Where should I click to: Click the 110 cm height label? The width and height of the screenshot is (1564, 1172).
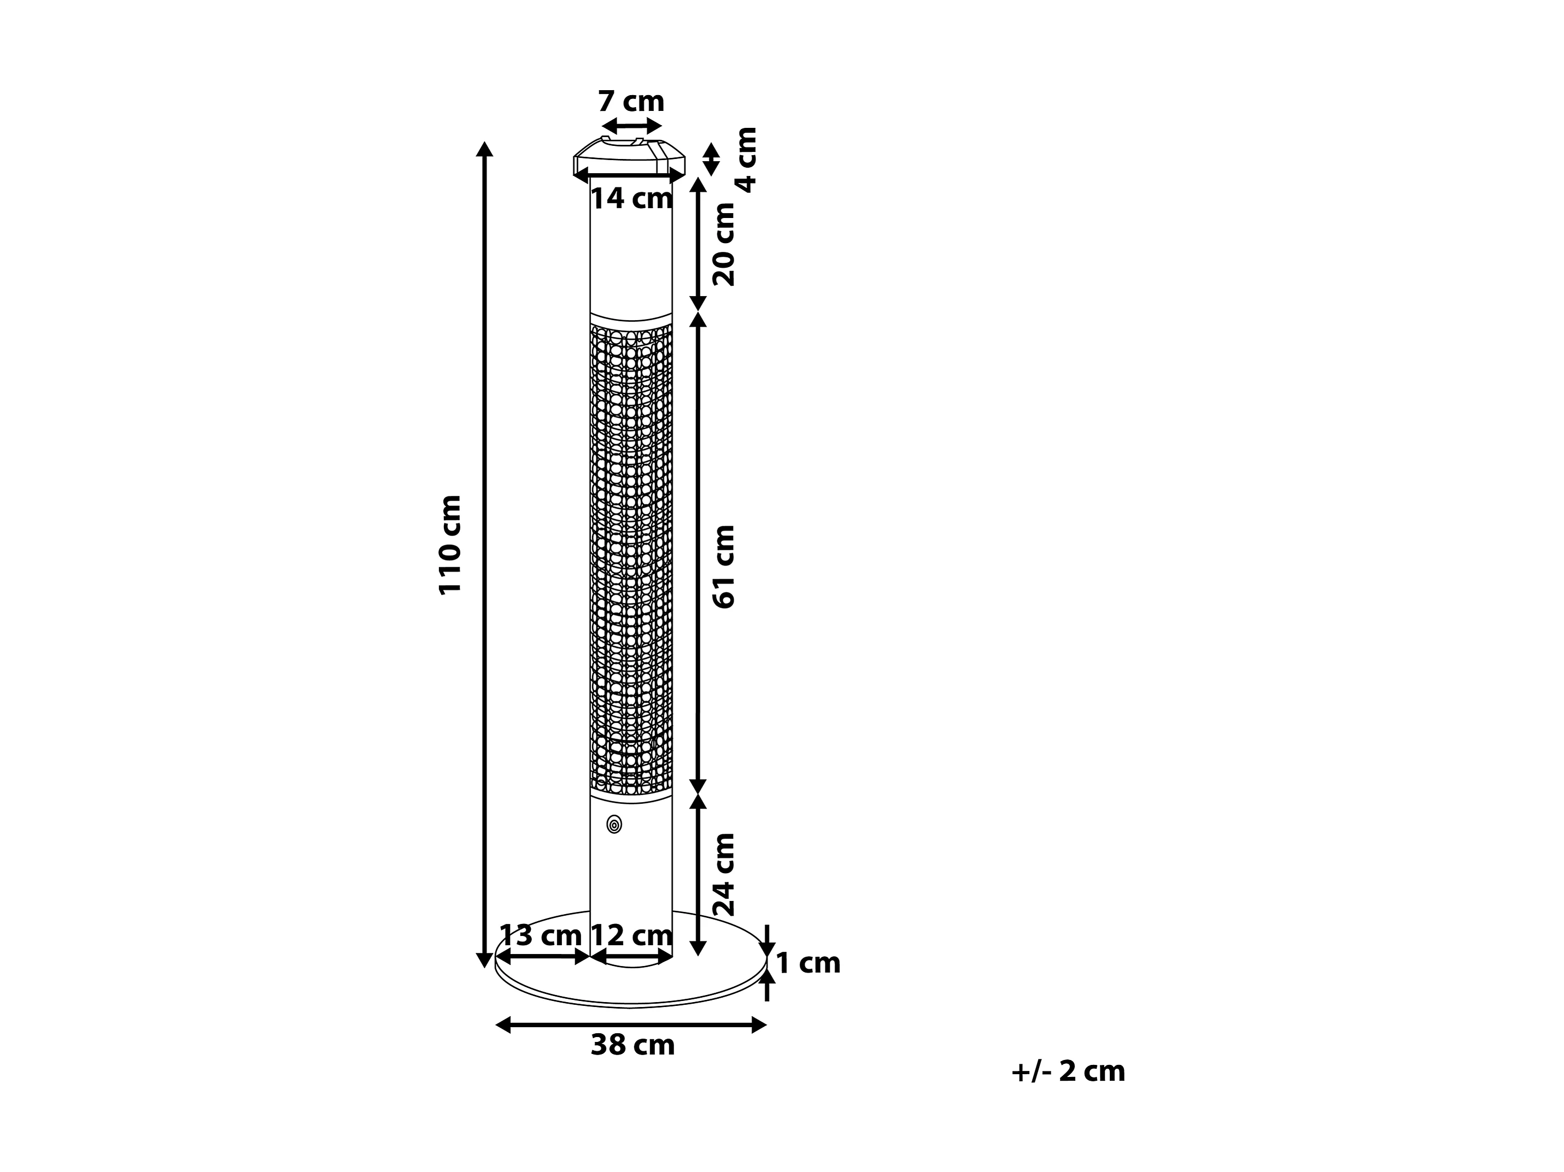(450, 545)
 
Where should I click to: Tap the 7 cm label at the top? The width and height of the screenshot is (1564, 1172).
(631, 102)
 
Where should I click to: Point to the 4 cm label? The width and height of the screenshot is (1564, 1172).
(746, 160)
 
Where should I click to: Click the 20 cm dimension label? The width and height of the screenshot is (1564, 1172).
(723, 245)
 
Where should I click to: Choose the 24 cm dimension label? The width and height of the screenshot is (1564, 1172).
(723, 874)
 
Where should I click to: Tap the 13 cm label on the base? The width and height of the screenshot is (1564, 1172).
(540, 935)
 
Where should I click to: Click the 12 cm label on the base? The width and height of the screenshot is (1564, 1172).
(631, 935)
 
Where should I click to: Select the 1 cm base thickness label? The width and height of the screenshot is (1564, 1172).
(808, 963)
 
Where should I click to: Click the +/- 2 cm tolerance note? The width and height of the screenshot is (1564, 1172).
(1068, 1071)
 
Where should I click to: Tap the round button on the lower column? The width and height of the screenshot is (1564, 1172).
(614, 824)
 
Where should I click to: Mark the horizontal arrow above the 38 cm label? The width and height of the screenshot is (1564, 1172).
(631, 1024)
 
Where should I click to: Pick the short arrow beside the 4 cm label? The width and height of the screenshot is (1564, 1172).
(711, 160)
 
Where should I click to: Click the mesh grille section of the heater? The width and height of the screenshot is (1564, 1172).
(631, 558)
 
